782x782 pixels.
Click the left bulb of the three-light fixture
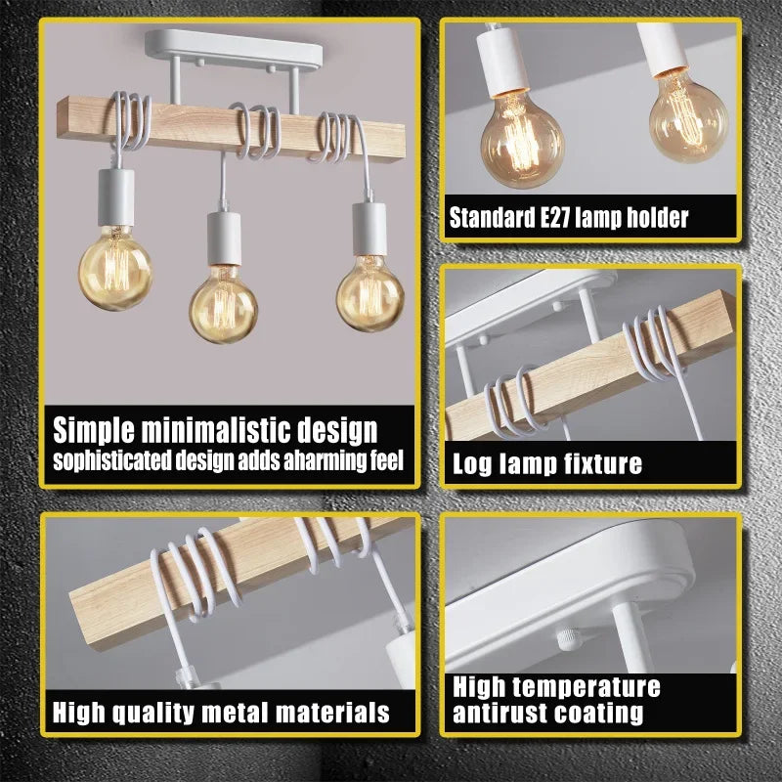tap(115, 267)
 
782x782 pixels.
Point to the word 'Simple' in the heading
tap(94, 430)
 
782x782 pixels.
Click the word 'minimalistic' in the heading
tap(216, 429)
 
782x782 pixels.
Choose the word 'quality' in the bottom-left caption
tap(152, 713)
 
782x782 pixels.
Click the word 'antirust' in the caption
tap(499, 714)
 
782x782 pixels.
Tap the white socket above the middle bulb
tap(224, 239)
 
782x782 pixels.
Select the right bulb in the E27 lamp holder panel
tap(689, 117)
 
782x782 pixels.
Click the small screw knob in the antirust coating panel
tap(567, 638)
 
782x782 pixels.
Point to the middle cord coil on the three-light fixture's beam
tap(254, 131)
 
